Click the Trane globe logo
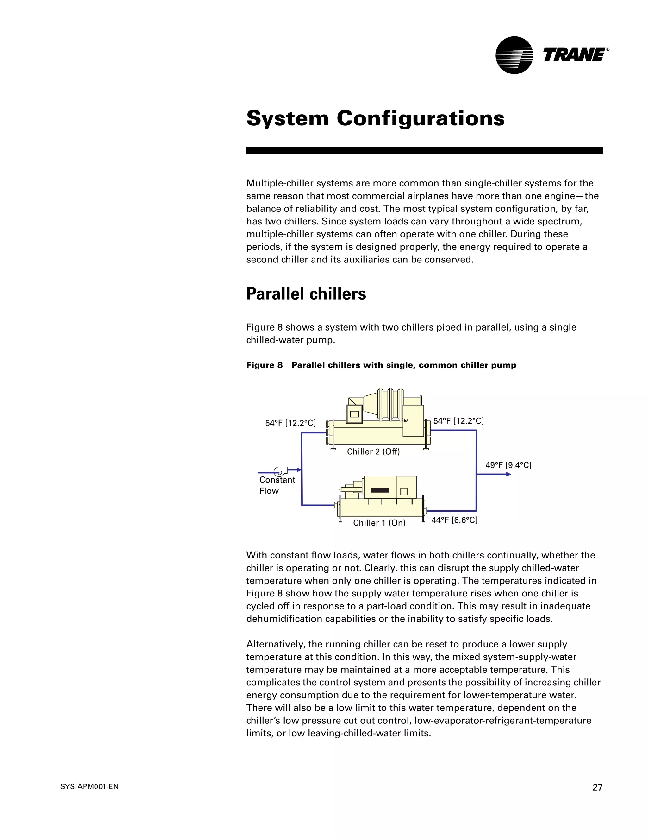(x=514, y=55)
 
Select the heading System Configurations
(x=375, y=118)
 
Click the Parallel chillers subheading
(x=306, y=294)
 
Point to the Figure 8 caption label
(x=264, y=365)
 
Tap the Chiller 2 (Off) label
(x=373, y=452)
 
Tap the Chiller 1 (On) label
(x=379, y=523)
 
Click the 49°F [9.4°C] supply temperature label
(x=508, y=465)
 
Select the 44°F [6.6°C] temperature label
(x=454, y=520)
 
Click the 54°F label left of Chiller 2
(x=290, y=423)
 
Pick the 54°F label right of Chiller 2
(x=458, y=421)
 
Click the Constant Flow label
(x=277, y=485)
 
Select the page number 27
(x=597, y=787)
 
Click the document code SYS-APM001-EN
(x=90, y=787)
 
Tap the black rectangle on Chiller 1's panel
(x=379, y=490)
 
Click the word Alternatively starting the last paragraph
(x=275, y=644)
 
